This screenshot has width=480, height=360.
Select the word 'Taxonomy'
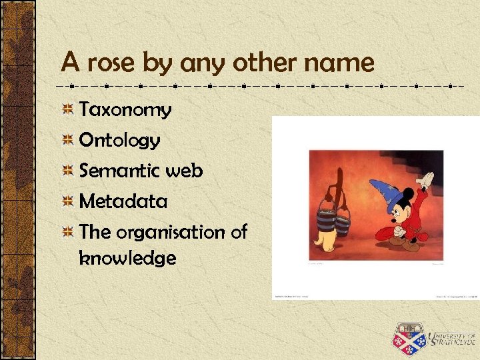[125, 110]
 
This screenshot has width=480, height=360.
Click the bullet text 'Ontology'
[119, 141]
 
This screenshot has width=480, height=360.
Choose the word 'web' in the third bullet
[184, 171]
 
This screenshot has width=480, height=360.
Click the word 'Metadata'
[123, 201]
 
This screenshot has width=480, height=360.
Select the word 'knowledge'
[127, 258]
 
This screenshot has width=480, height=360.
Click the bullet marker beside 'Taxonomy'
[67, 109]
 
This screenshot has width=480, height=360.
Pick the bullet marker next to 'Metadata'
[67, 201]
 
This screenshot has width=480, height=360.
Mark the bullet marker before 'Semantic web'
[67, 171]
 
